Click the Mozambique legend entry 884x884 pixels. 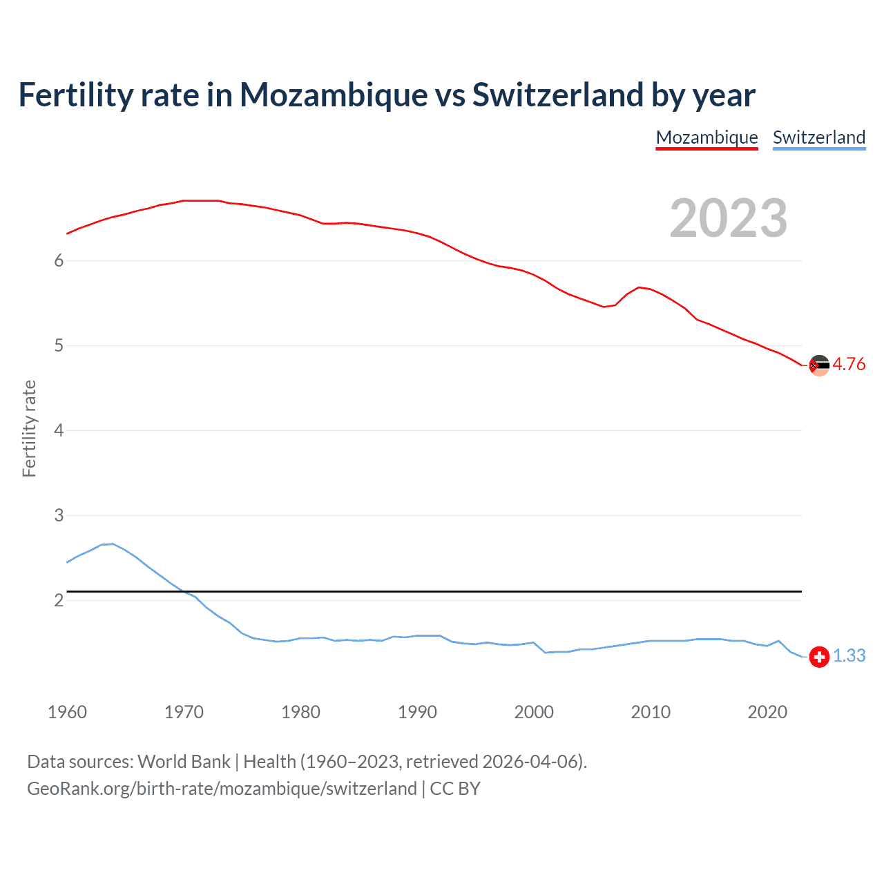coord(707,137)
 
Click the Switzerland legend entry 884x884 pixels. coord(818,137)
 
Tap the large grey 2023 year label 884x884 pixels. coord(728,218)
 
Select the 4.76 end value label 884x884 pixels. coord(849,364)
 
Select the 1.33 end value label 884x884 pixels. coord(849,655)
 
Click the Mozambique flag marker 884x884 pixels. coord(819,365)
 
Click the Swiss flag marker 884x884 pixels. coord(819,657)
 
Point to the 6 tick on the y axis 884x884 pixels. coord(59,260)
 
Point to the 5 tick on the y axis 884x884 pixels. coord(59,345)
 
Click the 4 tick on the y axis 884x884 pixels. coord(59,430)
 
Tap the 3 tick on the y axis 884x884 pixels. coord(59,515)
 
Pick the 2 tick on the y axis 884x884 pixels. coord(59,600)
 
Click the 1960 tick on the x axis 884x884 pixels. coord(67,712)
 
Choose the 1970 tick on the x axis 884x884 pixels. coord(184,712)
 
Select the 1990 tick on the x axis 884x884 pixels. coord(417,712)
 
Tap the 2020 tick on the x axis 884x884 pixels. coord(767,712)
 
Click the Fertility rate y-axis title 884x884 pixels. coord(29,428)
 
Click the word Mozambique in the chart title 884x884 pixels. coord(333,95)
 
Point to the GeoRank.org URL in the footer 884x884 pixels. coord(222,789)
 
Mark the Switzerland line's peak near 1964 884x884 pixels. coord(113,544)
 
